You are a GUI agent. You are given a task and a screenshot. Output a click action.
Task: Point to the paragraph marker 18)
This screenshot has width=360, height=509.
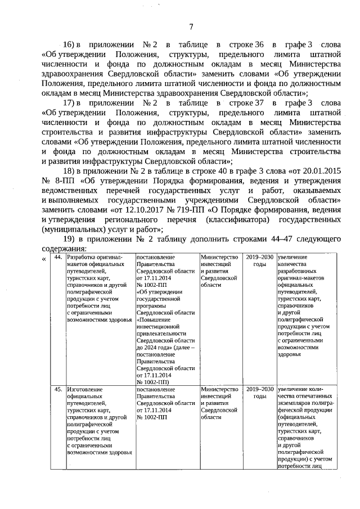click(69, 171)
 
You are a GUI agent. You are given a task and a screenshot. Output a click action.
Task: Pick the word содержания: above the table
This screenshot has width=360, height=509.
click(64, 249)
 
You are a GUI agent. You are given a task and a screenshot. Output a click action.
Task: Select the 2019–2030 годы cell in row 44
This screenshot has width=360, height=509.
click(259, 260)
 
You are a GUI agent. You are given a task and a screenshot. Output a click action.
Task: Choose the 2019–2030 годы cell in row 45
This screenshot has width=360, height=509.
click(259, 392)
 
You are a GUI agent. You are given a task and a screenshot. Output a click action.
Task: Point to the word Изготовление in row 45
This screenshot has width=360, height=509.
click(84, 389)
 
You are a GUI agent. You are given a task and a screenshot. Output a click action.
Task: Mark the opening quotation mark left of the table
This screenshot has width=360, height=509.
click(44, 259)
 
